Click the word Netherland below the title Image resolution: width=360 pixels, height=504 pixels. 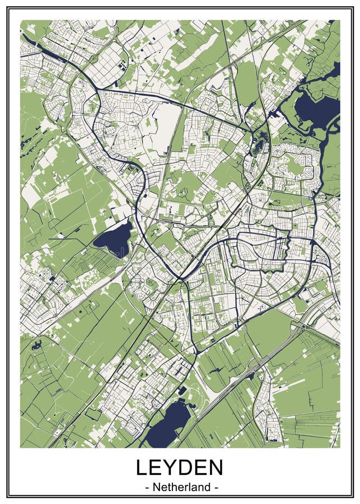[180, 487]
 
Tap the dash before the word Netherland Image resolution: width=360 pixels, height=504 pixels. [147, 488]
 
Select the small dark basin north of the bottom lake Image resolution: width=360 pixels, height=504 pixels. [183, 390]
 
